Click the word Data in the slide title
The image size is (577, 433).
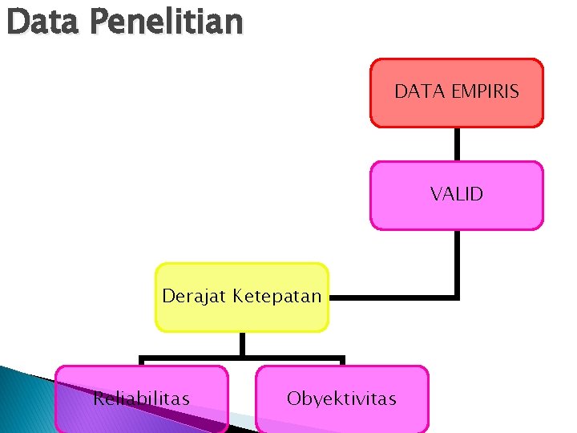coord(42,22)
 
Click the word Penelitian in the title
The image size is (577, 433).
coord(166,22)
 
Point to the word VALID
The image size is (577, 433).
coord(456,194)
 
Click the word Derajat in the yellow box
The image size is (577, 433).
coord(195,296)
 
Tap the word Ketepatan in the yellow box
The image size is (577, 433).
coord(277,296)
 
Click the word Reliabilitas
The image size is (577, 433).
coord(141,399)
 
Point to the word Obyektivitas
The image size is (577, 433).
coord(341,399)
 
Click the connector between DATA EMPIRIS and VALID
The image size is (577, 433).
coord(457,144)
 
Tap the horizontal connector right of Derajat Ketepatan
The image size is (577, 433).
coord(393,297)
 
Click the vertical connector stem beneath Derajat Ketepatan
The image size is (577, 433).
coord(241,344)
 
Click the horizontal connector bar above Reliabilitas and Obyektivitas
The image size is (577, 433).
coord(241,358)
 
